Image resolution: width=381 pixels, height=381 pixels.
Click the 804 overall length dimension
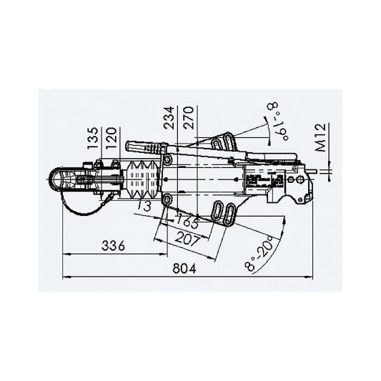(x=184, y=269)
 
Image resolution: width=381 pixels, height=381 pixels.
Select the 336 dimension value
(x=113, y=246)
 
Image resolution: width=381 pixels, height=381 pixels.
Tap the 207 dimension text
(x=187, y=238)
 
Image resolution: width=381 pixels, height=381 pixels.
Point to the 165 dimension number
(x=187, y=221)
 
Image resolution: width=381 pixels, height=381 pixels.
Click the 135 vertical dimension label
(x=93, y=138)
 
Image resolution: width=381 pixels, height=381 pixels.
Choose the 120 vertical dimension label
(x=111, y=138)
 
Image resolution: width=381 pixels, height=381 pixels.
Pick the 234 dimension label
(x=169, y=118)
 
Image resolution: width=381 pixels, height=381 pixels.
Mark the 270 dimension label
(x=188, y=118)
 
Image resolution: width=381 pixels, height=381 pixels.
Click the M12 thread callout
(x=321, y=137)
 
